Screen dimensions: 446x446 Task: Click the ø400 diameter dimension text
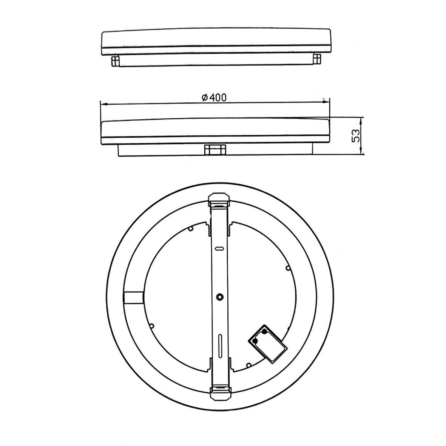[214, 98]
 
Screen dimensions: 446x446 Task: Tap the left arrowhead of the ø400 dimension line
[104, 105]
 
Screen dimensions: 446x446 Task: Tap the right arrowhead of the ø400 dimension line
[325, 100]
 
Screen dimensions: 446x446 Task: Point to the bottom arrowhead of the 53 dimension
[361, 152]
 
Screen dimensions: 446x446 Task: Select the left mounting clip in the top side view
[115, 61]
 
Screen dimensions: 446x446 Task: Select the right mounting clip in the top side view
[316, 59]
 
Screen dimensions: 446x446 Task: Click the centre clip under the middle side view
[215, 150]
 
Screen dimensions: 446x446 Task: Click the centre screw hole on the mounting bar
[219, 297]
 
